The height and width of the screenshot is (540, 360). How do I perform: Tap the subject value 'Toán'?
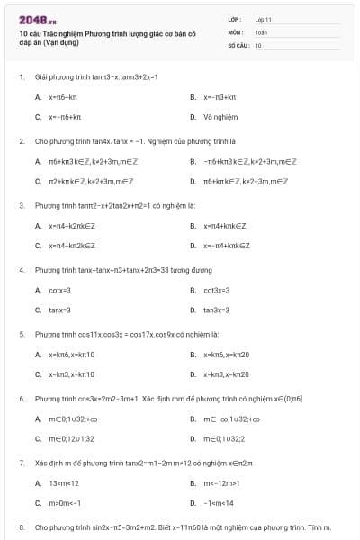pyautogui.click(x=261, y=31)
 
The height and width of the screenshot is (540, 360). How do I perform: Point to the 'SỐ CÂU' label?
pyautogui.click(x=238, y=44)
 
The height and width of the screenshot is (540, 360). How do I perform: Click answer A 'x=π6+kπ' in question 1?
pyautogui.click(x=65, y=96)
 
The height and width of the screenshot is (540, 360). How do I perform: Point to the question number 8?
pyautogui.click(x=22, y=526)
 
